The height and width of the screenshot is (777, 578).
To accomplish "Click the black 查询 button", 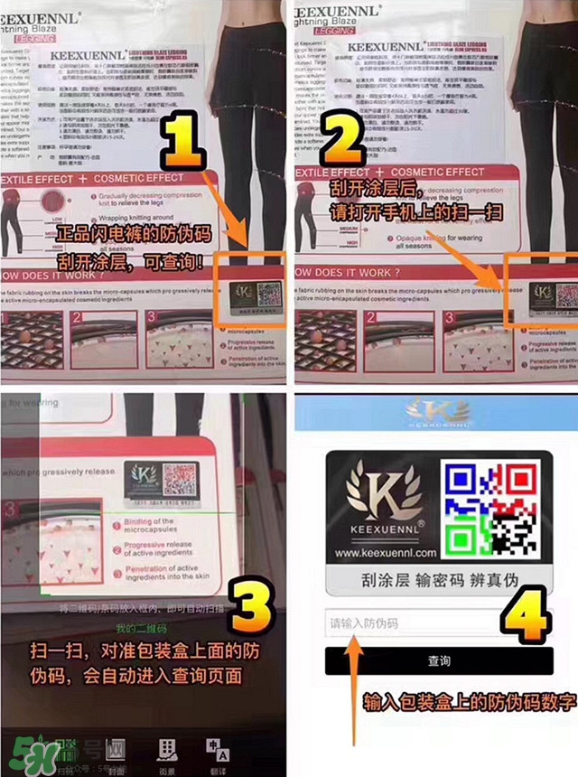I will (439, 661).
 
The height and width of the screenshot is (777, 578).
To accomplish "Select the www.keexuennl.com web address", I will (385, 552).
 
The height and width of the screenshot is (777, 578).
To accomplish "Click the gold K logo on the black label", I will (385, 504).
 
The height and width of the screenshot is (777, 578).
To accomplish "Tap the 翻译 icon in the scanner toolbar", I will (218, 754).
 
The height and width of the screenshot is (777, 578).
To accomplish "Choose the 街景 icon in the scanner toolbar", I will (166, 754).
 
